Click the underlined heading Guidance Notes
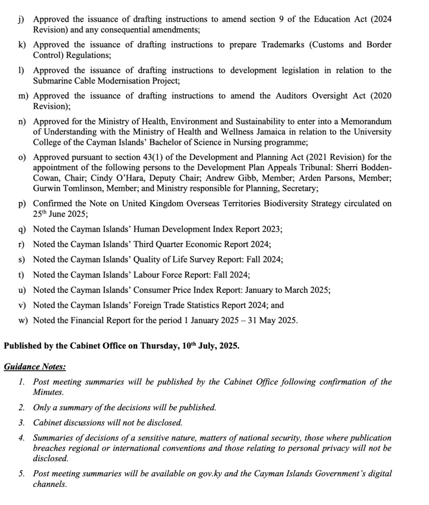click(x=35, y=367)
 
